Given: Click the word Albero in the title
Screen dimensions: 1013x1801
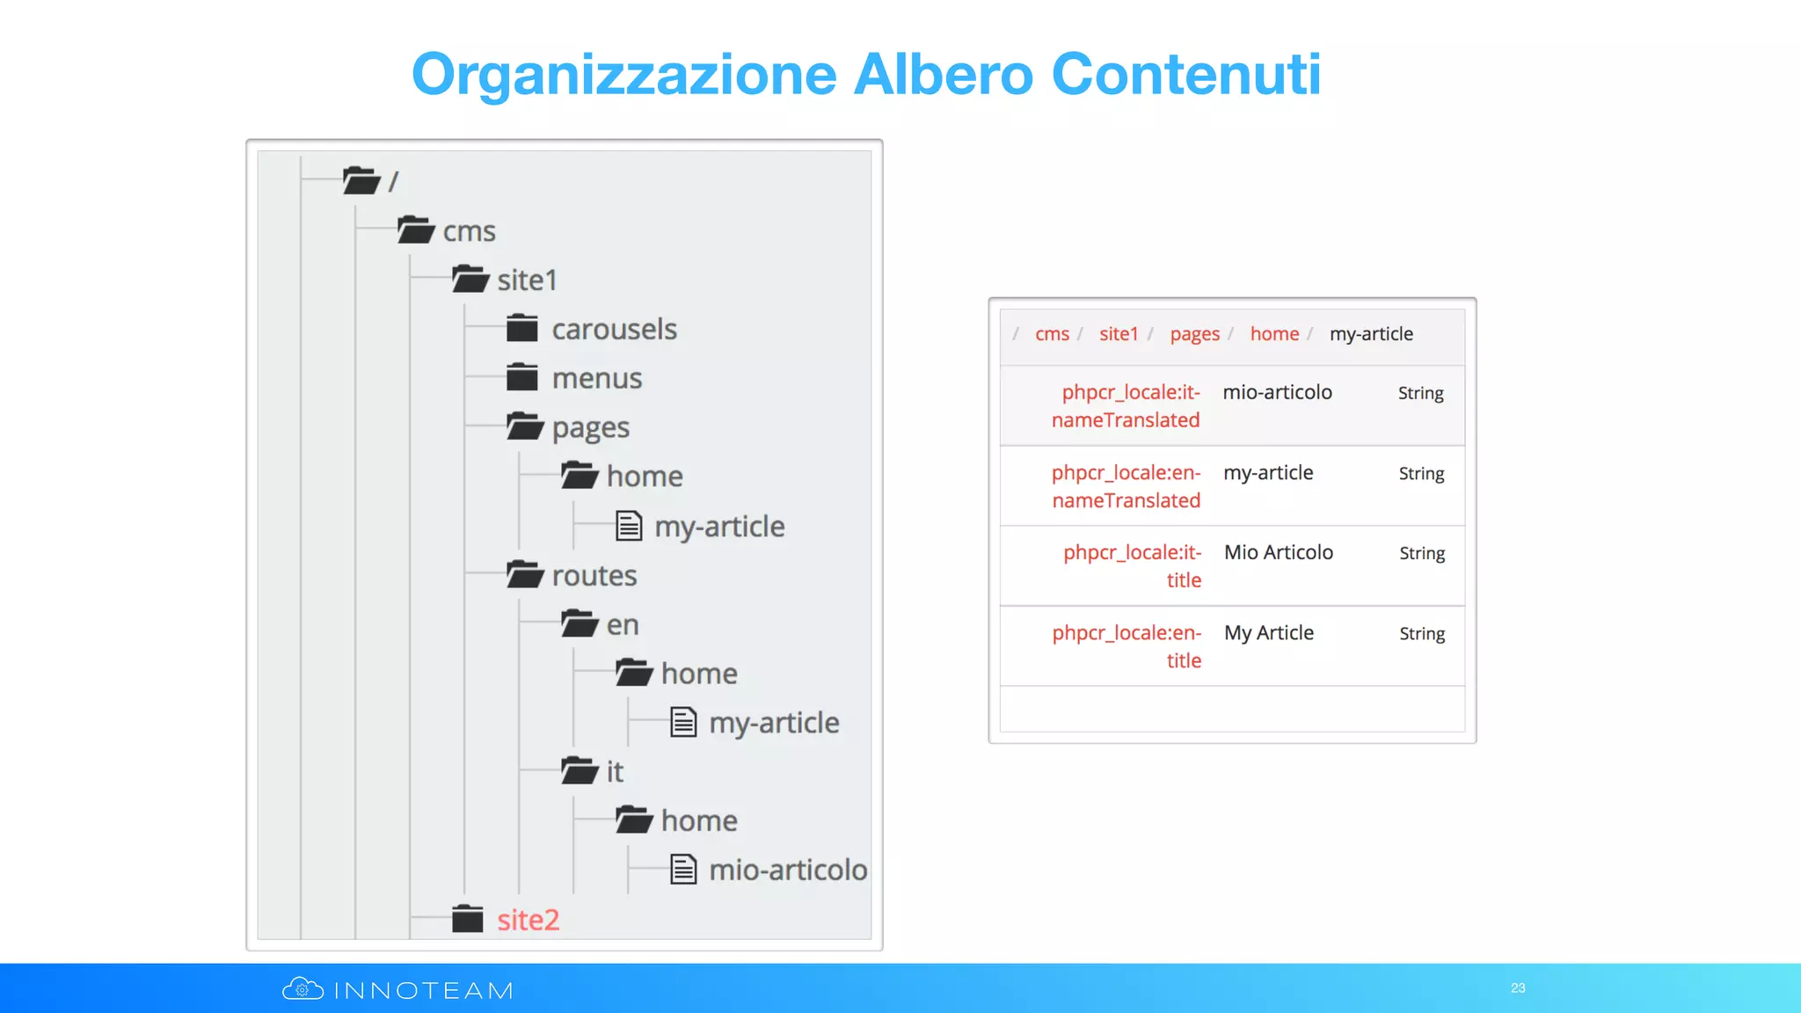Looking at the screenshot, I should pyautogui.click(x=944, y=74).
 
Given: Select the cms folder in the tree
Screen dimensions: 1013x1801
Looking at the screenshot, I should pyautogui.click(x=469, y=231).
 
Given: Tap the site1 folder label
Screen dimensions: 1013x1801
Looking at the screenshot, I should pyautogui.click(x=527, y=281).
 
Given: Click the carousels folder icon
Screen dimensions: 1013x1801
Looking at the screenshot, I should pyautogui.click(x=522, y=329).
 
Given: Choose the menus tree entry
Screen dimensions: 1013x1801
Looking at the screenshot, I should pyautogui.click(x=596, y=379).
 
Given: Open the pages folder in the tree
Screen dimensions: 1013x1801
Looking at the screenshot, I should pyautogui.click(x=590, y=428).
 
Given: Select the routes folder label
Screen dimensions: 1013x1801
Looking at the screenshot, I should pyautogui.click(x=594, y=576).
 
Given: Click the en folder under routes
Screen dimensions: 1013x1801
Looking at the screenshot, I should pyautogui.click(x=622, y=625).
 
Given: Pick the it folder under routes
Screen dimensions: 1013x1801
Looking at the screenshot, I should pyautogui.click(x=614, y=772).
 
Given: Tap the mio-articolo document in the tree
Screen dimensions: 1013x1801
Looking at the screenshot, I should pyautogui.click(x=787, y=871).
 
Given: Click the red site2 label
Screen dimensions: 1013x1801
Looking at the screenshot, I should pyautogui.click(x=528, y=920).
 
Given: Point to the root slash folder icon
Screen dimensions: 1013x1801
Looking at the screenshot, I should pyautogui.click(x=361, y=181).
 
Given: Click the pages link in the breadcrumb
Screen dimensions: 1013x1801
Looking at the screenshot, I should pyautogui.click(x=1194, y=334).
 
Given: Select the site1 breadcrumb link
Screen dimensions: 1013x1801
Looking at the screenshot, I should pyautogui.click(x=1119, y=334).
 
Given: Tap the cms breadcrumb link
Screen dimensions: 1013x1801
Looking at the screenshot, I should pyautogui.click(x=1052, y=334).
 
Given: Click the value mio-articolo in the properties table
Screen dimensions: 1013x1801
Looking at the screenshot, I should pyautogui.click(x=1277, y=392).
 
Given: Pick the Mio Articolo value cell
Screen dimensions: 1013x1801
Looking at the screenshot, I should pyautogui.click(x=1279, y=552).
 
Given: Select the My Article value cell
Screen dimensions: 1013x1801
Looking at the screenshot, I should pyautogui.click(x=1269, y=633).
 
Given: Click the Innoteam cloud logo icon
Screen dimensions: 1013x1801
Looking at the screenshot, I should pyautogui.click(x=303, y=989).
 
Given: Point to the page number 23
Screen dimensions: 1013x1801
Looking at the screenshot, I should pyautogui.click(x=1518, y=988).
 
